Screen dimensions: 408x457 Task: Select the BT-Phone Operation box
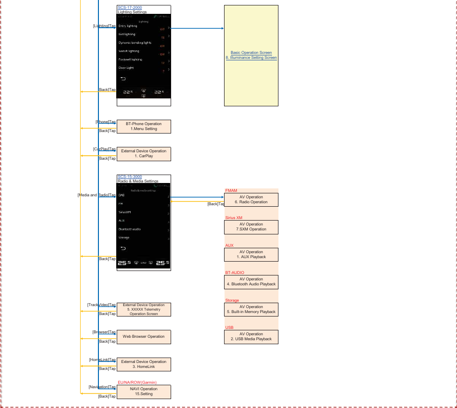click(x=143, y=126)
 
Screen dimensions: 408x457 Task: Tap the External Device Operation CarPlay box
click(x=143, y=154)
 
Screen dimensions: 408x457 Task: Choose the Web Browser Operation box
click(x=143, y=337)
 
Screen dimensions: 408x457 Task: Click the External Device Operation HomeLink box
click(x=143, y=364)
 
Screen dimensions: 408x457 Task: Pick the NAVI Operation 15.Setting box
click(x=143, y=392)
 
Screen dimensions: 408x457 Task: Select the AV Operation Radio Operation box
click(x=251, y=200)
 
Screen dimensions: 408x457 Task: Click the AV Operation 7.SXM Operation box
click(x=251, y=227)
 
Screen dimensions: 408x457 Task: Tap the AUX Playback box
click(x=251, y=255)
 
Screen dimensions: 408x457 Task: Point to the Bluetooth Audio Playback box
click(x=251, y=282)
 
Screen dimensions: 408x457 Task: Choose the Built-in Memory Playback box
click(x=251, y=310)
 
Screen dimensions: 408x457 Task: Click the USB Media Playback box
click(x=251, y=337)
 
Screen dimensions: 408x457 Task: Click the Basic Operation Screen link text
click(x=251, y=53)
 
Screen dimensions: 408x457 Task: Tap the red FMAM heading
click(x=231, y=190)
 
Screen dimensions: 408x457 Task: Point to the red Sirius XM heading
click(x=233, y=218)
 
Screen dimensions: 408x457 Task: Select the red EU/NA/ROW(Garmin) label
click(x=137, y=382)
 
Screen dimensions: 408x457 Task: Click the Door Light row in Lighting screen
click(x=126, y=68)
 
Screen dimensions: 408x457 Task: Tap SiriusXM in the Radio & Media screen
click(x=125, y=212)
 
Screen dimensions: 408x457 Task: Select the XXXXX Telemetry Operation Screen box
click(x=143, y=310)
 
